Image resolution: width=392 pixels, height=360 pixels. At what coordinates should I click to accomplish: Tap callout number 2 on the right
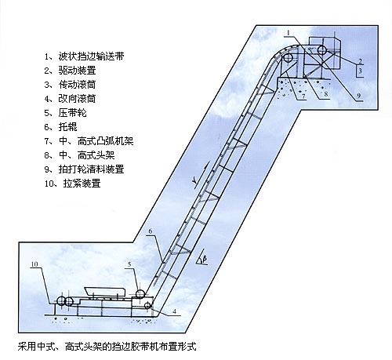click(x=359, y=60)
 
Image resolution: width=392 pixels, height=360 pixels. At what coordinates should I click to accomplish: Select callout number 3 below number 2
click(x=359, y=71)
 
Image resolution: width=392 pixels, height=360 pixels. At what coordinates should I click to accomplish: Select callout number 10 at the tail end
click(x=34, y=265)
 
